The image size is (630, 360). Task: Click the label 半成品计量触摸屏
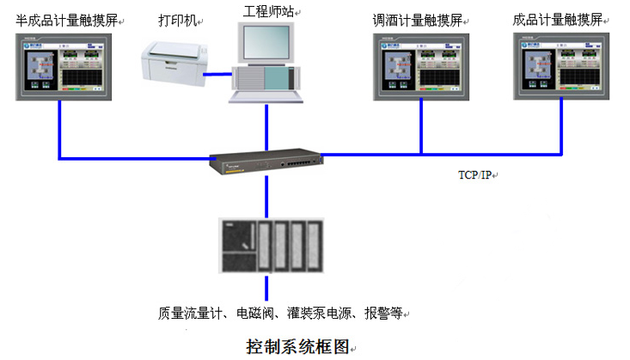pyautogui.click(x=67, y=19)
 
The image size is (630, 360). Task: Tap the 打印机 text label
pyautogui.click(x=177, y=19)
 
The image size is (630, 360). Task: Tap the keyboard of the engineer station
pyautogui.click(x=266, y=96)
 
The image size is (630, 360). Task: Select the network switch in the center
pyautogui.click(x=266, y=161)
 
